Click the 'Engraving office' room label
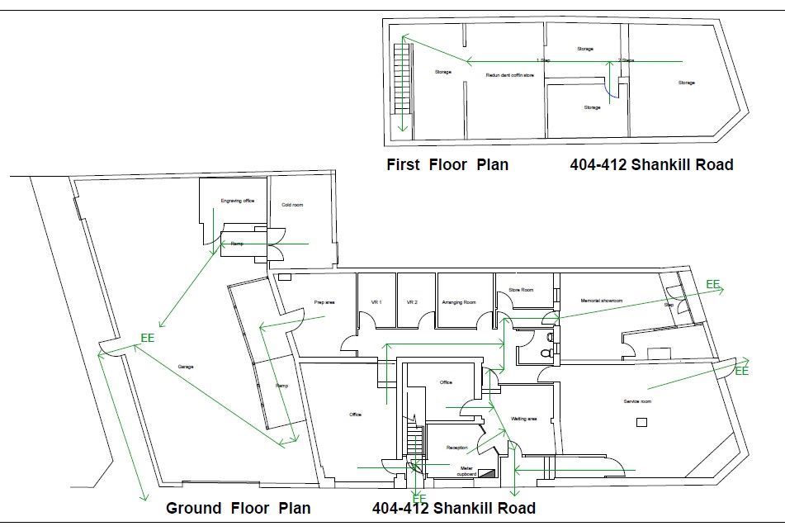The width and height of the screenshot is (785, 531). click(x=237, y=201)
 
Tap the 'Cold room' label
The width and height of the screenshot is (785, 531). click(x=292, y=204)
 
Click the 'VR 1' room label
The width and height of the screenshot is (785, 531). click(x=376, y=303)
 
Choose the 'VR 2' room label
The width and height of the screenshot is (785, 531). click(x=412, y=303)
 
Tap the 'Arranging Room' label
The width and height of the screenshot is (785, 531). click(x=459, y=303)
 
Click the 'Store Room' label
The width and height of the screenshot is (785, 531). click(x=521, y=290)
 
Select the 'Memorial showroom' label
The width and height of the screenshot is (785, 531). click(x=602, y=301)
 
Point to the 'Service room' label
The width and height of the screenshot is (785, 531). click(x=637, y=401)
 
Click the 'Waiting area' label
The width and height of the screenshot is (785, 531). click(x=524, y=419)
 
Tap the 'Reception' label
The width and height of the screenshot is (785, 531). click(x=457, y=448)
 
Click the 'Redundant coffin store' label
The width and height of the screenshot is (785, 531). click(x=504, y=75)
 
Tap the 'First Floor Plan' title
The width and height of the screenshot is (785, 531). click(x=447, y=164)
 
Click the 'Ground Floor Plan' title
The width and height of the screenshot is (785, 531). click(x=239, y=508)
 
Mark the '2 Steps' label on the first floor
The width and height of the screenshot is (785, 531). click(x=627, y=60)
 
